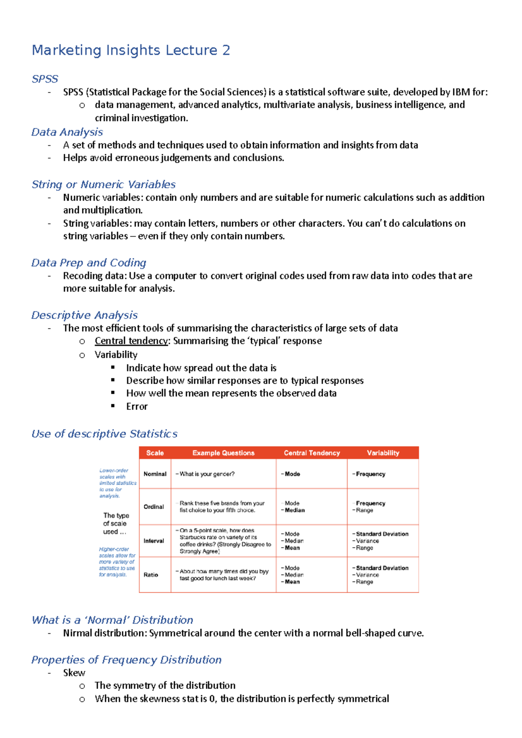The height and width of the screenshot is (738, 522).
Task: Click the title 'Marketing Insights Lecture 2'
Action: tap(130, 50)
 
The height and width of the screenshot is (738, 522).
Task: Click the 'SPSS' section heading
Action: tap(45, 79)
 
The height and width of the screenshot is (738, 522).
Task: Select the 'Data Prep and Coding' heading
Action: tap(89, 263)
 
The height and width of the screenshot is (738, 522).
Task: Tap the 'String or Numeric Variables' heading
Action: tap(104, 185)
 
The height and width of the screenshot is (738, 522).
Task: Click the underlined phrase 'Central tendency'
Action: tap(131, 341)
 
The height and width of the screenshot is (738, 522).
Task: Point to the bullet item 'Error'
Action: tap(137, 407)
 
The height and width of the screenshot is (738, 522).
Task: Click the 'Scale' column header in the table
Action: tap(155, 453)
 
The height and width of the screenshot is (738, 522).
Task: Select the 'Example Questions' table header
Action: tap(223, 453)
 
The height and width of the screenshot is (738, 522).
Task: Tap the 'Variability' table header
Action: tap(383, 453)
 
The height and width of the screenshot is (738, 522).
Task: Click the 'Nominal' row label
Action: tap(155, 474)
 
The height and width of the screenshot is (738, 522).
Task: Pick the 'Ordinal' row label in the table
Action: tap(154, 507)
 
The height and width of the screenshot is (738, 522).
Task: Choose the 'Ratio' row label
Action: tap(151, 575)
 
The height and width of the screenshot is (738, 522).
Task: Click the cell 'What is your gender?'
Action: tap(207, 474)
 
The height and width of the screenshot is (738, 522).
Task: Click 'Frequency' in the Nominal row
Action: tap(370, 474)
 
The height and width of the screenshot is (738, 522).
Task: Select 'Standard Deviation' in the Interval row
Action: tap(382, 534)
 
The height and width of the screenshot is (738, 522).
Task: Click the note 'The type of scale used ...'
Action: tap(116, 524)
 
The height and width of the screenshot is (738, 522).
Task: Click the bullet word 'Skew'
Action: tap(74, 673)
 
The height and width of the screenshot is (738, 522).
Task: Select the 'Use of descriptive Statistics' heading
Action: tap(104, 434)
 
